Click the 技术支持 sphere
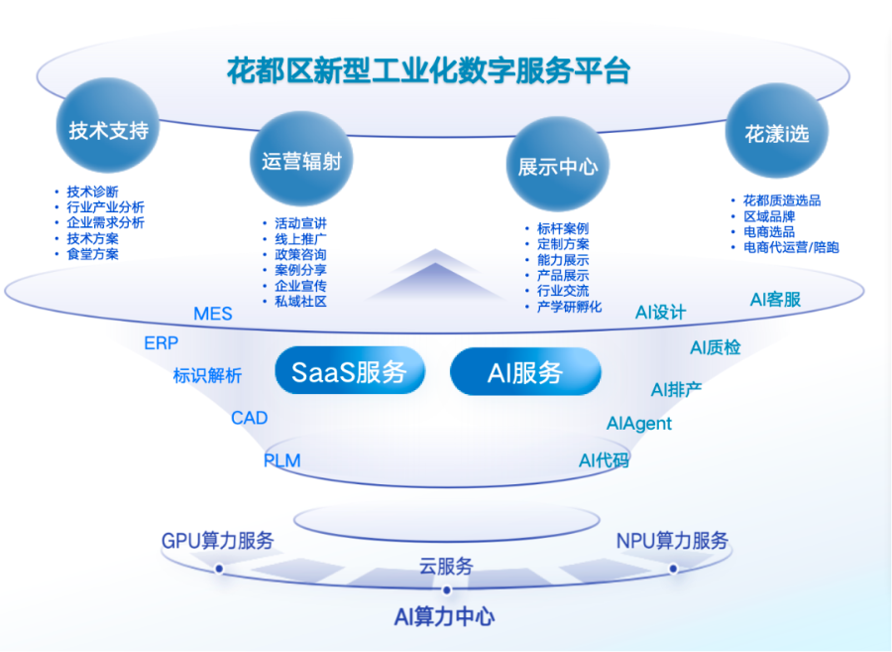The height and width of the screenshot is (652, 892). click(x=108, y=129)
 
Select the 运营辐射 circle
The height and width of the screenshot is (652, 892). click(x=301, y=161)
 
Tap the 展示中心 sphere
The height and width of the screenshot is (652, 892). click(x=558, y=166)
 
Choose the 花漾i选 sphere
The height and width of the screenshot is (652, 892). click(x=778, y=134)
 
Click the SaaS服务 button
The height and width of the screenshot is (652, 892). click(x=349, y=372)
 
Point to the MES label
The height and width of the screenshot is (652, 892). click(x=213, y=314)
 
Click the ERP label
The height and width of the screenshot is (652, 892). click(x=162, y=343)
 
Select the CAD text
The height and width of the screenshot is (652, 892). click(x=250, y=418)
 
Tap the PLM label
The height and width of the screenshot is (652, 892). click(x=281, y=460)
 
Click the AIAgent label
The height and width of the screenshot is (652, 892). click(x=639, y=424)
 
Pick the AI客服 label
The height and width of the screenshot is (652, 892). click(x=775, y=299)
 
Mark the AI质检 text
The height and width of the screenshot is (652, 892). click(x=716, y=347)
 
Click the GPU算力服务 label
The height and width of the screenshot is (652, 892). click(x=218, y=541)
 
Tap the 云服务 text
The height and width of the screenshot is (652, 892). click(x=446, y=567)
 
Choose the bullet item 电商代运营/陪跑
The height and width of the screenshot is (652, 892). click(x=791, y=247)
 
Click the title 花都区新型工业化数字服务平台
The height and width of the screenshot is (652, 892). click(x=428, y=71)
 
